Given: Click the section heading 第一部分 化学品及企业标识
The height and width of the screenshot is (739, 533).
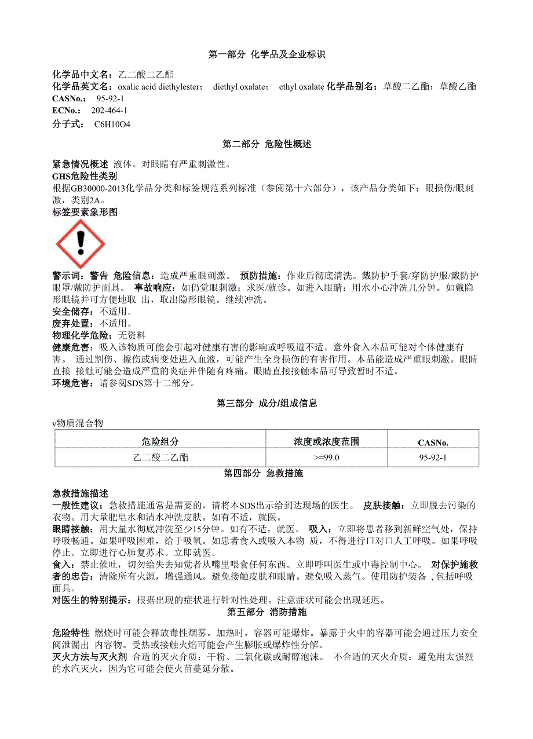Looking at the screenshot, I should [x=266, y=55].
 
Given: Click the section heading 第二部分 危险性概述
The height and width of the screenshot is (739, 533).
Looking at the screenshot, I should [x=266, y=144].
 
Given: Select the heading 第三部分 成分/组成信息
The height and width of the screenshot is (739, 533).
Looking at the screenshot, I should [x=266, y=403].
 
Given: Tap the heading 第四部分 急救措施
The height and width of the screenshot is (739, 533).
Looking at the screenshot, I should [x=266, y=474].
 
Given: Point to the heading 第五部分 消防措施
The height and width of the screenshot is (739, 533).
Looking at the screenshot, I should [x=266, y=612].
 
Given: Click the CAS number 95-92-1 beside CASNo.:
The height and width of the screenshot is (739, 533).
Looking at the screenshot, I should [x=110, y=98].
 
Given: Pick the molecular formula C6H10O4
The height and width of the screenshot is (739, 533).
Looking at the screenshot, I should [x=112, y=124].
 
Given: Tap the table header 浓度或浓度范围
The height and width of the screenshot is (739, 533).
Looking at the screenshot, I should [x=326, y=442].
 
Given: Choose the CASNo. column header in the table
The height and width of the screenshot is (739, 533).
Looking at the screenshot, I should [x=433, y=443].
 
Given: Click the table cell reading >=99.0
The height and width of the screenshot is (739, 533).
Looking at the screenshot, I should [x=326, y=458].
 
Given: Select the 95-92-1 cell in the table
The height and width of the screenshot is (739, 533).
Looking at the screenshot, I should [x=433, y=458].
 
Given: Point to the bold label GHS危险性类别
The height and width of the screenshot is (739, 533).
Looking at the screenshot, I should [x=85, y=176].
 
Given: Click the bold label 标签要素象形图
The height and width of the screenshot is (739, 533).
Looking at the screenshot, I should [x=85, y=213].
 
